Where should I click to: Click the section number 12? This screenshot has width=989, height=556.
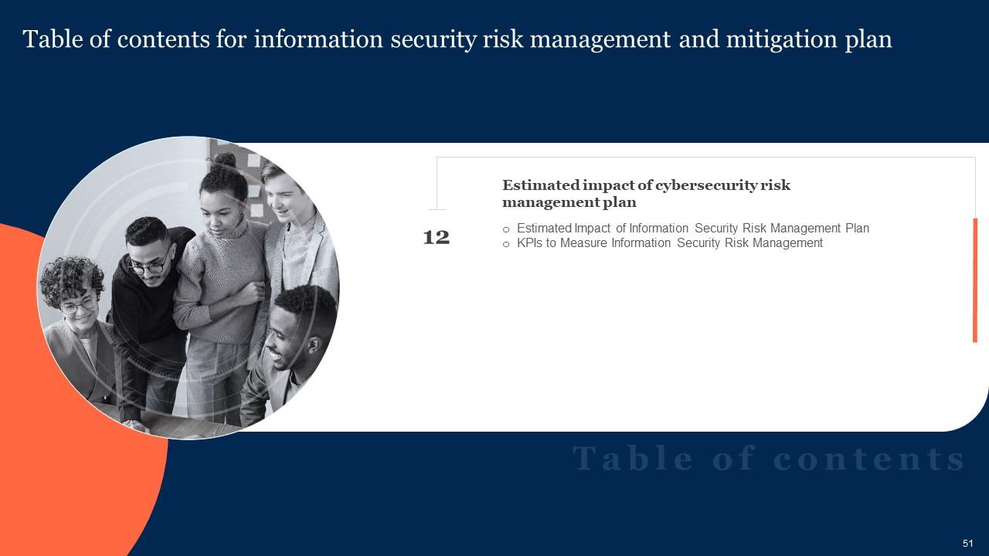coord(437,238)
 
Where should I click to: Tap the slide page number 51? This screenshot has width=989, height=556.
coord(968,544)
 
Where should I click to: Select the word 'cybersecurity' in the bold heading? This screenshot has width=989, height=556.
coord(702,185)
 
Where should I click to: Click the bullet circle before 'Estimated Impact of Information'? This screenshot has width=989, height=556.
coord(506,229)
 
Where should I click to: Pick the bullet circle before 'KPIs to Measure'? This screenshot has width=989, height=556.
coord(506,244)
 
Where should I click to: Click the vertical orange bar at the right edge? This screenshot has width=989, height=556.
coord(975,280)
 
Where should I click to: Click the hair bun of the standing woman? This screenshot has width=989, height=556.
coord(224,161)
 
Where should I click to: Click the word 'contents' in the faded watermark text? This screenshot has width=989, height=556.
coord(869,459)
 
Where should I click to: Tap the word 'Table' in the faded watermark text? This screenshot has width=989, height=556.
coord(634,459)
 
